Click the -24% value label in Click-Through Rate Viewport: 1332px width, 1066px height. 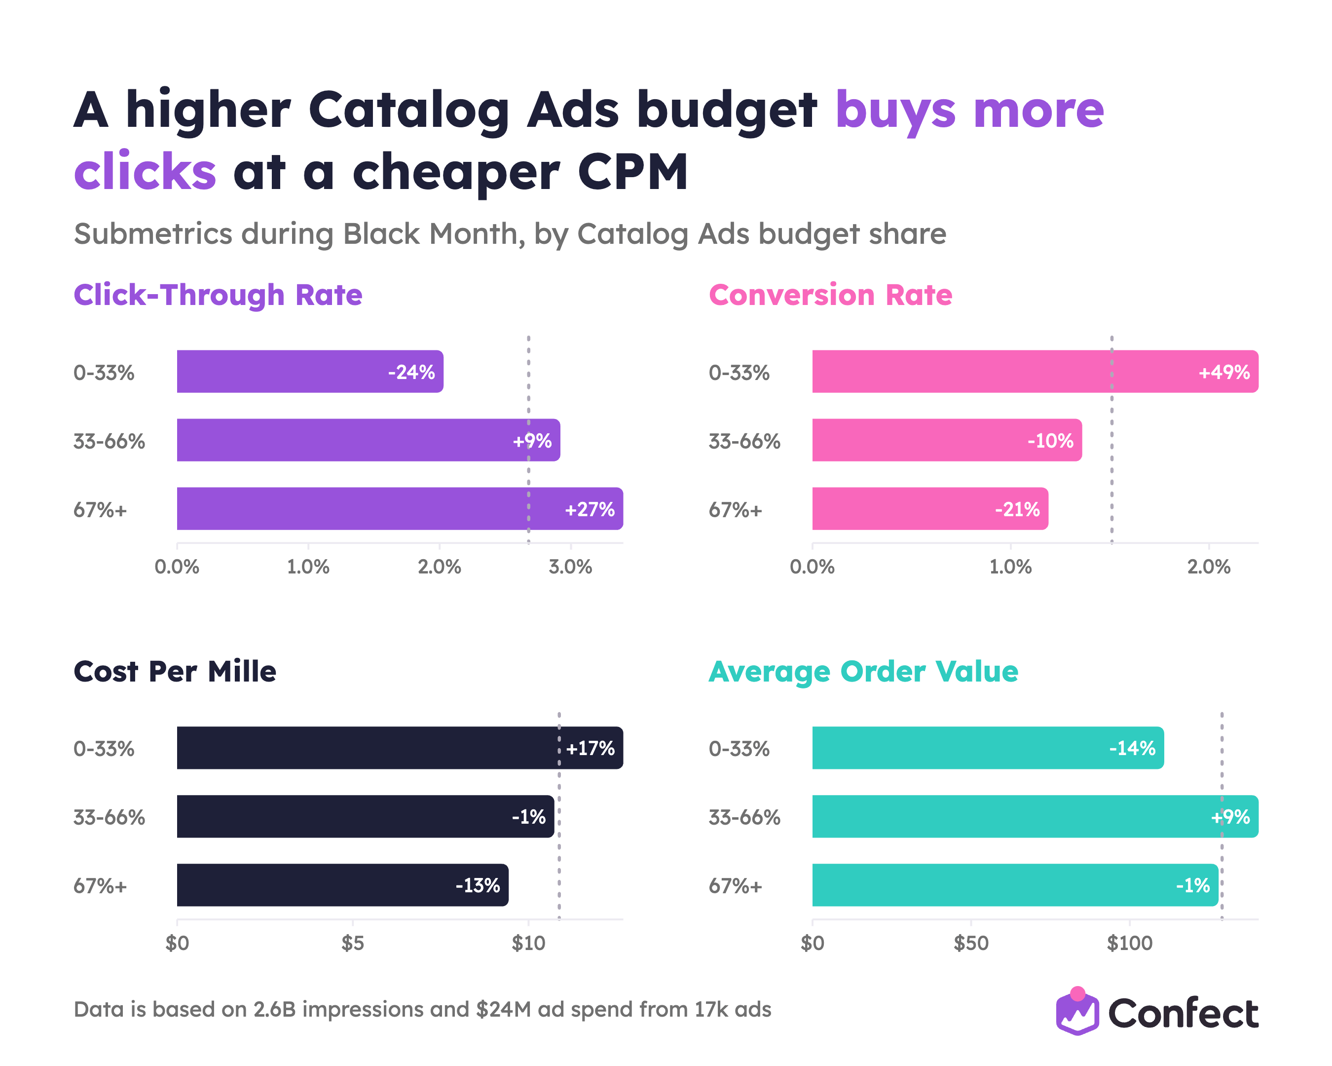tap(411, 372)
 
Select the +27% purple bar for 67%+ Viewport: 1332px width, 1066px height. tap(400, 509)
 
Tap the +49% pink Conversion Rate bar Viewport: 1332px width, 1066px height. tap(1036, 372)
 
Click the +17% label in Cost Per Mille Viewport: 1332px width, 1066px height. tap(590, 748)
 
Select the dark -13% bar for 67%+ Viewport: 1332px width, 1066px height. tap(343, 885)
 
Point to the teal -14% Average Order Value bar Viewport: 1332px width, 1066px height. tap(988, 748)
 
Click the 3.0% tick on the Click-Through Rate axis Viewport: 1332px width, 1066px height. tap(570, 567)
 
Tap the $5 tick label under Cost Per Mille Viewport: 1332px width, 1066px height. tap(353, 943)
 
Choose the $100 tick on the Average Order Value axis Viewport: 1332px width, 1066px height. tap(1129, 943)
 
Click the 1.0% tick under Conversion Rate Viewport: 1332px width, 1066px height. tap(1011, 567)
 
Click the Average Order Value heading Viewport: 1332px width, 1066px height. tap(863, 671)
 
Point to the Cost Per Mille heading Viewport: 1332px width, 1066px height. tap(175, 671)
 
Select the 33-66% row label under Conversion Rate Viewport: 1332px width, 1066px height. tap(744, 441)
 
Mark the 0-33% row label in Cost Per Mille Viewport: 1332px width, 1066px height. tap(104, 749)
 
